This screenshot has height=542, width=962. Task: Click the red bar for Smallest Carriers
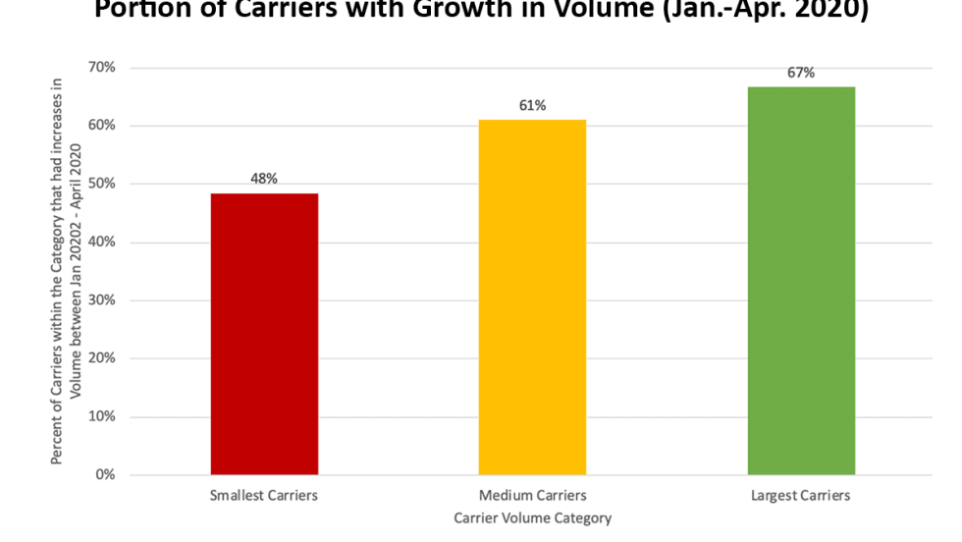264,334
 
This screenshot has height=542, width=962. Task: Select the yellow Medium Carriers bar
532,297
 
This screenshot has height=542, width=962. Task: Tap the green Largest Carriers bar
801,280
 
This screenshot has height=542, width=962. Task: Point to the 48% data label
264,179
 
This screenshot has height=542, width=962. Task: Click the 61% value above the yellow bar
532,105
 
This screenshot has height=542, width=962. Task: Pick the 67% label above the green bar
801,72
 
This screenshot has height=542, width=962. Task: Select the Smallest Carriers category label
264,496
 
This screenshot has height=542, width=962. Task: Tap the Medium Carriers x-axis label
532,496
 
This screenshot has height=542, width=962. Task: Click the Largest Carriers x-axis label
801,496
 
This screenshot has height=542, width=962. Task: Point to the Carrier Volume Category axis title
532,517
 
